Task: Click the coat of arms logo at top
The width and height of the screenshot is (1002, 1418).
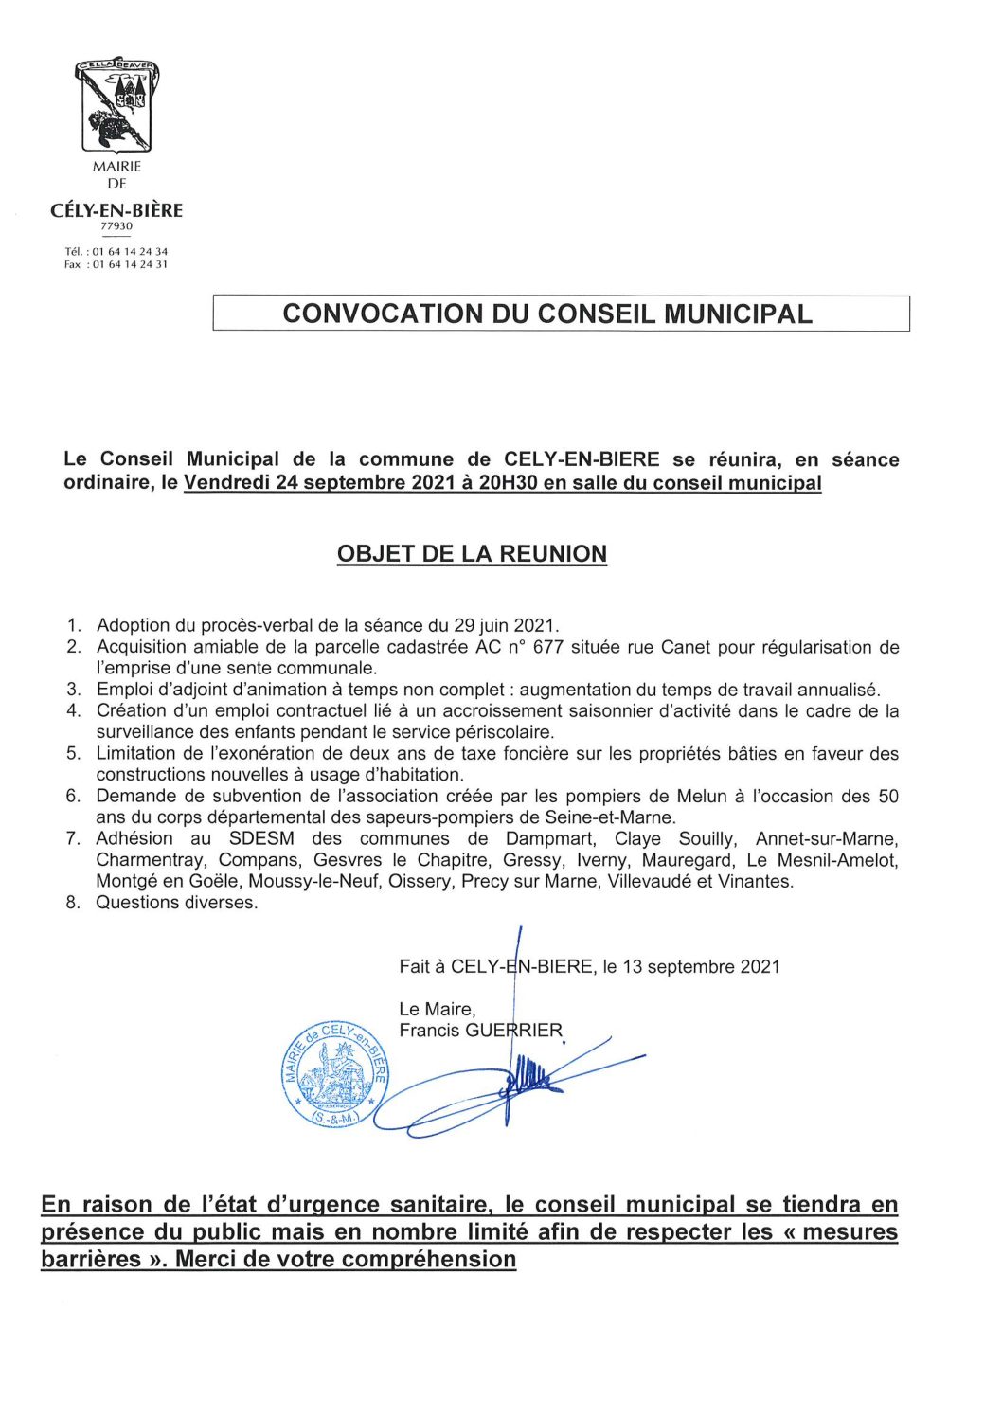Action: (x=116, y=104)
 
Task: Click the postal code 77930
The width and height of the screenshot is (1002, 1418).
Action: (x=116, y=226)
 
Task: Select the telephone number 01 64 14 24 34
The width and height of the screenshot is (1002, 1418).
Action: (x=130, y=252)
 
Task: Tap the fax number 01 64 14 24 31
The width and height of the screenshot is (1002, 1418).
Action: (x=130, y=264)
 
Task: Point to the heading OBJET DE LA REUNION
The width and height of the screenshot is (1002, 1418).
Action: (x=472, y=554)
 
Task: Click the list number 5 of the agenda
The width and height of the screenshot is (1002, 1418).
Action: (x=73, y=753)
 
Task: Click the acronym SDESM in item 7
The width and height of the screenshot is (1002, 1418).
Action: (x=261, y=839)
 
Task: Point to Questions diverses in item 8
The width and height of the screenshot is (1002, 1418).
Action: (x=177, y=903)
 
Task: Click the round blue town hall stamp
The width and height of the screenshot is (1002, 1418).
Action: (x=335, y=1075)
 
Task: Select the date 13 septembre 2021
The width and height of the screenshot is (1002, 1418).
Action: (x=701, y=967)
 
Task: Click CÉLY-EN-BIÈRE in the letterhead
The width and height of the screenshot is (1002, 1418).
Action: (x=116, y=210)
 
